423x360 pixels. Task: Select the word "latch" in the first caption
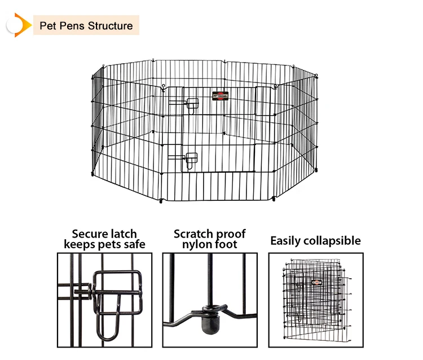[x=122, y=234]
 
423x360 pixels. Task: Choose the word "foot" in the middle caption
[x=225, y=245]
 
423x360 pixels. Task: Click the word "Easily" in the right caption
[x=287, y=241]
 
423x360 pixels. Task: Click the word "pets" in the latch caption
[x=107, y=245]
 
